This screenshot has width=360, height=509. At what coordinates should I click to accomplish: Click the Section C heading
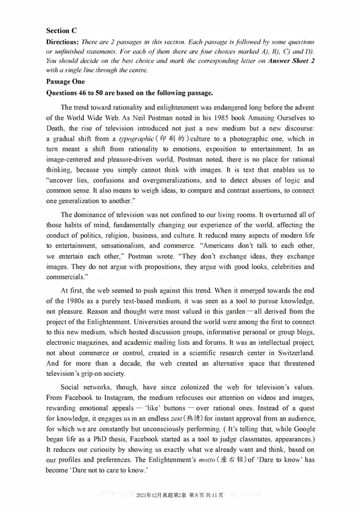click(61, 31)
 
